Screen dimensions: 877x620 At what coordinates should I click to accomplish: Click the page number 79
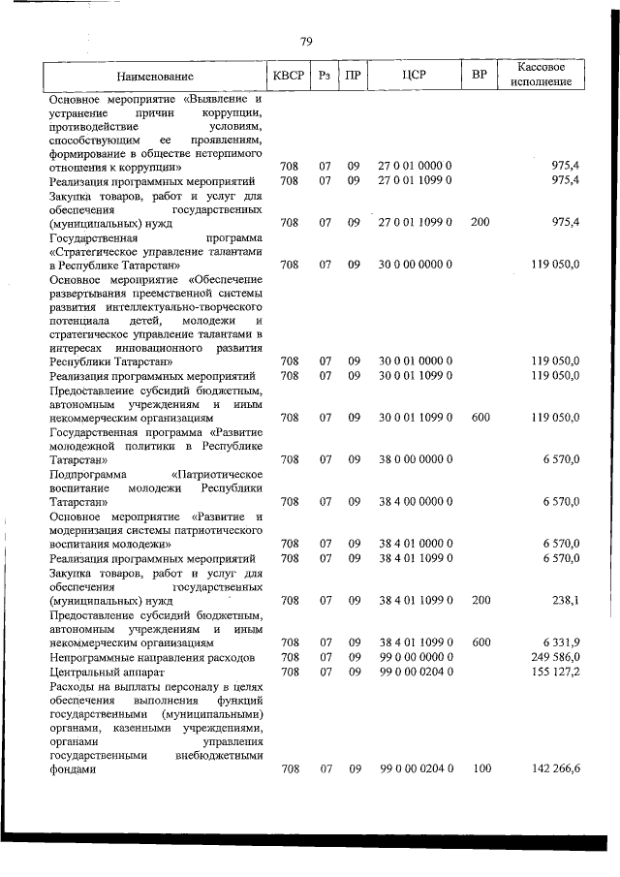(306, 41)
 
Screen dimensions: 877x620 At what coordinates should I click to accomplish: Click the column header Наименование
(155, 76)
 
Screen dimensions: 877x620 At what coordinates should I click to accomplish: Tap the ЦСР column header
(415, 76)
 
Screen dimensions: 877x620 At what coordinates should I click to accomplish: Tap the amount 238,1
(566, 600)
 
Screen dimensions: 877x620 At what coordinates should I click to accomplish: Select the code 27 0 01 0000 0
(415, 167)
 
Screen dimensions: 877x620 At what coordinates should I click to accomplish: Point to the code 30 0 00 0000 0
(415, 264)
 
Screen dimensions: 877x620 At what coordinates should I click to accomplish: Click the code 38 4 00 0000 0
(415, 501)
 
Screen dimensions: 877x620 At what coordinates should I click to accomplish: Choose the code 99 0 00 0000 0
(415, 656)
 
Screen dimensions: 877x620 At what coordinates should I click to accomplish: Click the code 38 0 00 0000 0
(415, 459)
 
